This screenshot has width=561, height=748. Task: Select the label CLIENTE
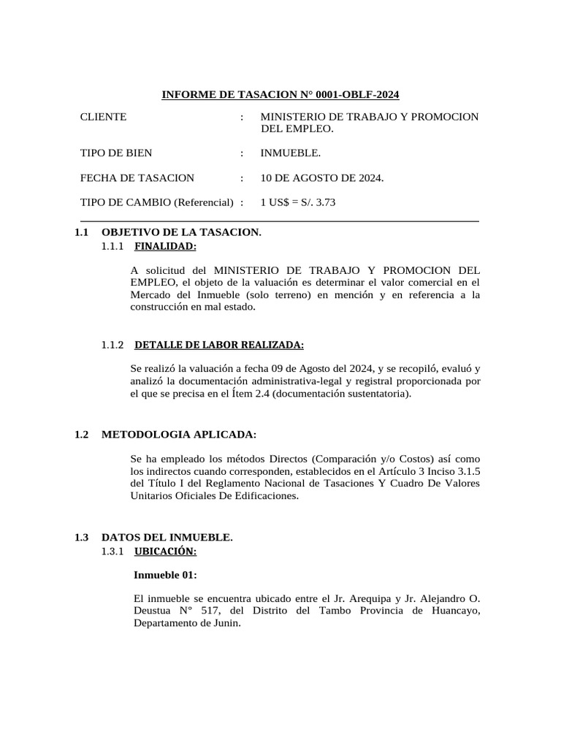103,117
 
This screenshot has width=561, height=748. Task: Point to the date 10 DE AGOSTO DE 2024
322,178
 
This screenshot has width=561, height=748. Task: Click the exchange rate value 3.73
325,202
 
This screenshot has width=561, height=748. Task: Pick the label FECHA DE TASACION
137,178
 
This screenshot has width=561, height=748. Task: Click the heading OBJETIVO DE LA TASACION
181,232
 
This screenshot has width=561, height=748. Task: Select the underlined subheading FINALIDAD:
166,245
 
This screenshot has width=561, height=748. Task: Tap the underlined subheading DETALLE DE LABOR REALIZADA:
219,345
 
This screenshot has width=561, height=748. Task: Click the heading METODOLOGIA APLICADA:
179,435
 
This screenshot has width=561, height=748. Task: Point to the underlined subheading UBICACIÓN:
166,550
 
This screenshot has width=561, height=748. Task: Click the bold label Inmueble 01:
165,575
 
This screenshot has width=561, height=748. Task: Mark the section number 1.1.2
113,345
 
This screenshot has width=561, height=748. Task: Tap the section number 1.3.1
113,550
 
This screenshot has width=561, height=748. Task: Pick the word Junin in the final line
224,624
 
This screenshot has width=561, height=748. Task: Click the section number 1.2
81,435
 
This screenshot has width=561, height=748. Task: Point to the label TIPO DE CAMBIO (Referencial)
156,202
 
